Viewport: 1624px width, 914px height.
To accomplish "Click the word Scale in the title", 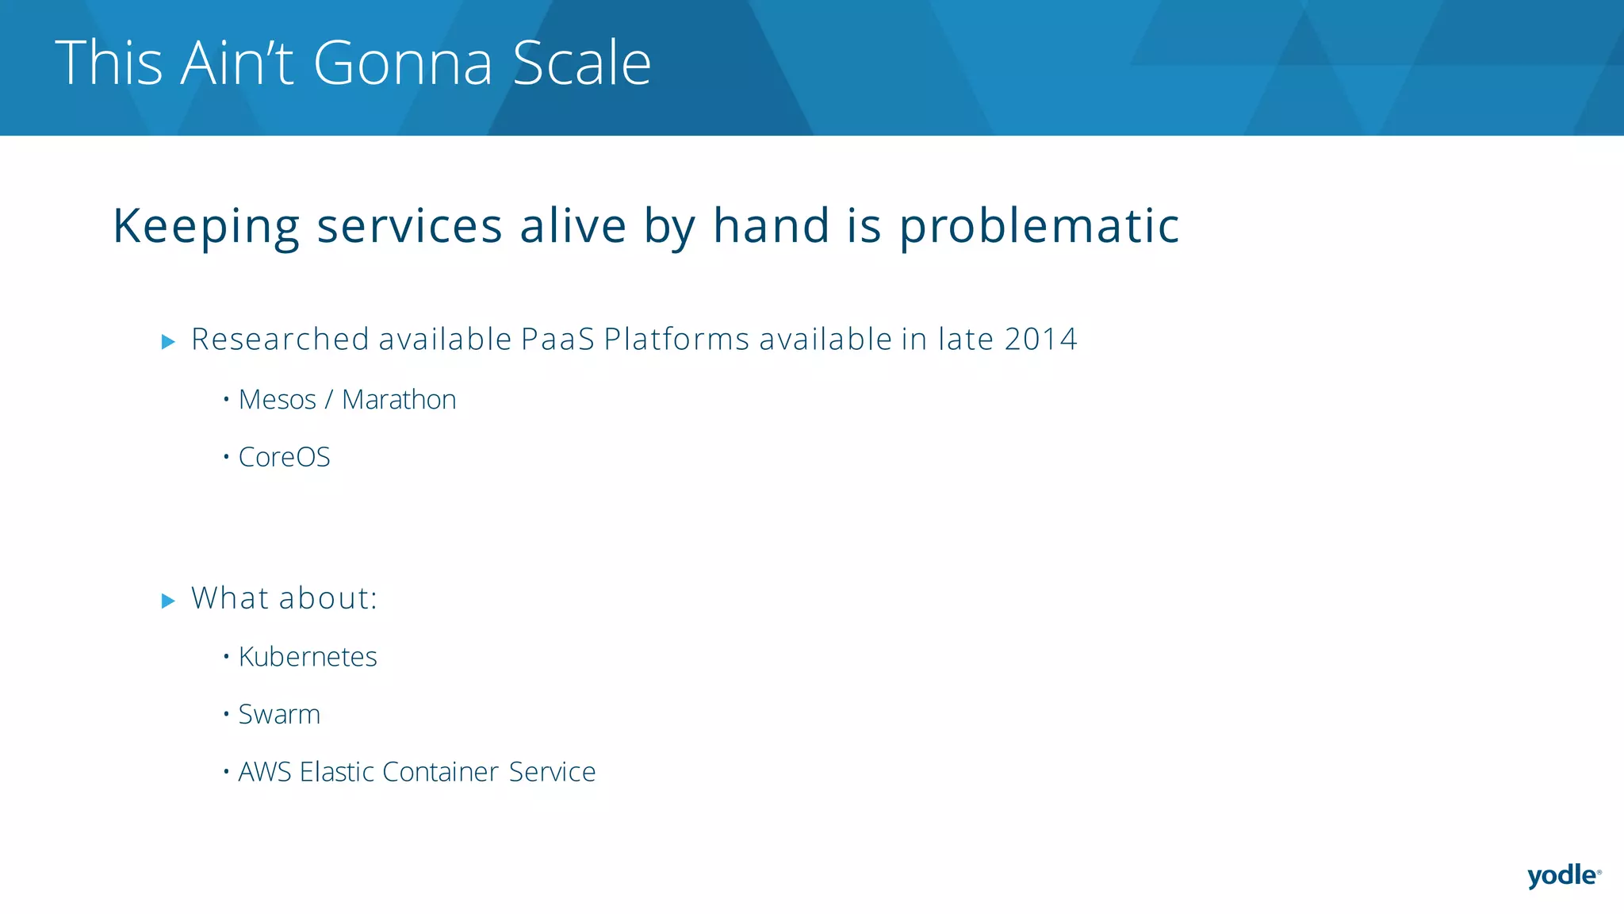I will [x=582, y=63].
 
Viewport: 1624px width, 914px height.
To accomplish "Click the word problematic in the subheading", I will [x=1039, y=227].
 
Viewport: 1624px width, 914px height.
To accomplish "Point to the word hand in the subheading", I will [x=771, y=225].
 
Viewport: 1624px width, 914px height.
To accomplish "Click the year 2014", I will [x=1040, y=340].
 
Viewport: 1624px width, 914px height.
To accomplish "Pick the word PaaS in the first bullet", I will [x=557, y=340].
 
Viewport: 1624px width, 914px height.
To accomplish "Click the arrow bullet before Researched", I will [x=168, y=342].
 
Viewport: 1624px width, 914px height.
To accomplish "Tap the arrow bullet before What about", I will [x=168, y=601].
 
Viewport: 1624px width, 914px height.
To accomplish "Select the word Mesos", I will [x=278, y=400].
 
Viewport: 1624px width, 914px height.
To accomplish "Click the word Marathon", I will [x=399, y=400].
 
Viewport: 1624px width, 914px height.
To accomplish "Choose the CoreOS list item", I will [x=284, y=458].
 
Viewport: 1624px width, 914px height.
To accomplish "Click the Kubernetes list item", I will [x=308, y=658].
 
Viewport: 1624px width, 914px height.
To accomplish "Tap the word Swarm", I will [x=279, y=715].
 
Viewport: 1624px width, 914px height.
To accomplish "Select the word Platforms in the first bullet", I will [x=676, y=340].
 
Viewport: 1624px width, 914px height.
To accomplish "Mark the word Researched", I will [x=280, y=340].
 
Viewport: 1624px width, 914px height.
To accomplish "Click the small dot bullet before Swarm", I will [x=226, y=713].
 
